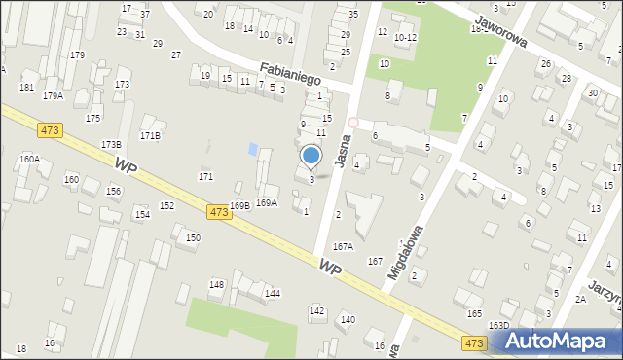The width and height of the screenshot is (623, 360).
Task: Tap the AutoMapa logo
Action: click(556, 341)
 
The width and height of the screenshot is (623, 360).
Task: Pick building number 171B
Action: click(150, 135)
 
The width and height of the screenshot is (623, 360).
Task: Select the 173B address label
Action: click(111, 144)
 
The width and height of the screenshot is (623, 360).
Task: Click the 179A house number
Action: click(53, 95)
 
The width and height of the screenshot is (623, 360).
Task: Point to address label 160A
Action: click(29, 158)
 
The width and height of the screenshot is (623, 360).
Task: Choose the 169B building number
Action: click(239, 205)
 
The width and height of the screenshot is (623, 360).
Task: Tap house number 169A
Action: click(266, 202)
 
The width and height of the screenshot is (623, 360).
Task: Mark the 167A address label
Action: click(343, 247)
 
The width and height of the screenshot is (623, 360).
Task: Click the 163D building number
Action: click(498, 325)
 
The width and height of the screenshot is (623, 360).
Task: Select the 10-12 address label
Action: click(405, 37)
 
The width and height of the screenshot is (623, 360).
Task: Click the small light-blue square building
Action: click(254, 150)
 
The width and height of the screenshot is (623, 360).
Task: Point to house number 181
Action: click(26, 88)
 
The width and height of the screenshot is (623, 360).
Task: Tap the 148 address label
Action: click(216, 284)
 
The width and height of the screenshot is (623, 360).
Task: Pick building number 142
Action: click(316, 310)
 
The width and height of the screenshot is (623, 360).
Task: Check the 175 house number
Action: click(92, 118)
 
